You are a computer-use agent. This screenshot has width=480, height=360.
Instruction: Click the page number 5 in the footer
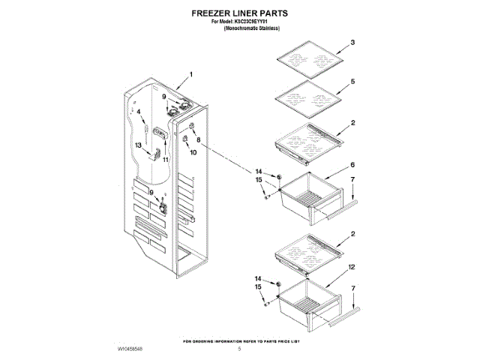click(x=239, y=349)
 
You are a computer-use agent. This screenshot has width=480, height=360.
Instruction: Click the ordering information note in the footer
click(x=241, y=340)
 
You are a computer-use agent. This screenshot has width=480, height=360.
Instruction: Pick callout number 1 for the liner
click(x=190, y=75)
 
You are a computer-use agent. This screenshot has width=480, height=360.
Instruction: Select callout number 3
click(x=352, y=43)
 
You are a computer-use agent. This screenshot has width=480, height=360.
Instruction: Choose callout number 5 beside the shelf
click(x=352, y=81)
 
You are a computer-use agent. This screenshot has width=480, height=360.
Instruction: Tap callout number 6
click(x=352, y=165)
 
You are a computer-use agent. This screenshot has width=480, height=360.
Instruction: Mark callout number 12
click(x=352, y=267)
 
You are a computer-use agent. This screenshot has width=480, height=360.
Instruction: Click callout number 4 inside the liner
click(x=139, y=112)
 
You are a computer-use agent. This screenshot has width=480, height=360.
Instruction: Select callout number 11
click(x=166, y=159)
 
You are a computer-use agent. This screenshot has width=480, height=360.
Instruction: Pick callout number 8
click(x=198, y=139)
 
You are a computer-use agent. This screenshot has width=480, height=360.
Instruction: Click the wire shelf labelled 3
click(x=309, y=59)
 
